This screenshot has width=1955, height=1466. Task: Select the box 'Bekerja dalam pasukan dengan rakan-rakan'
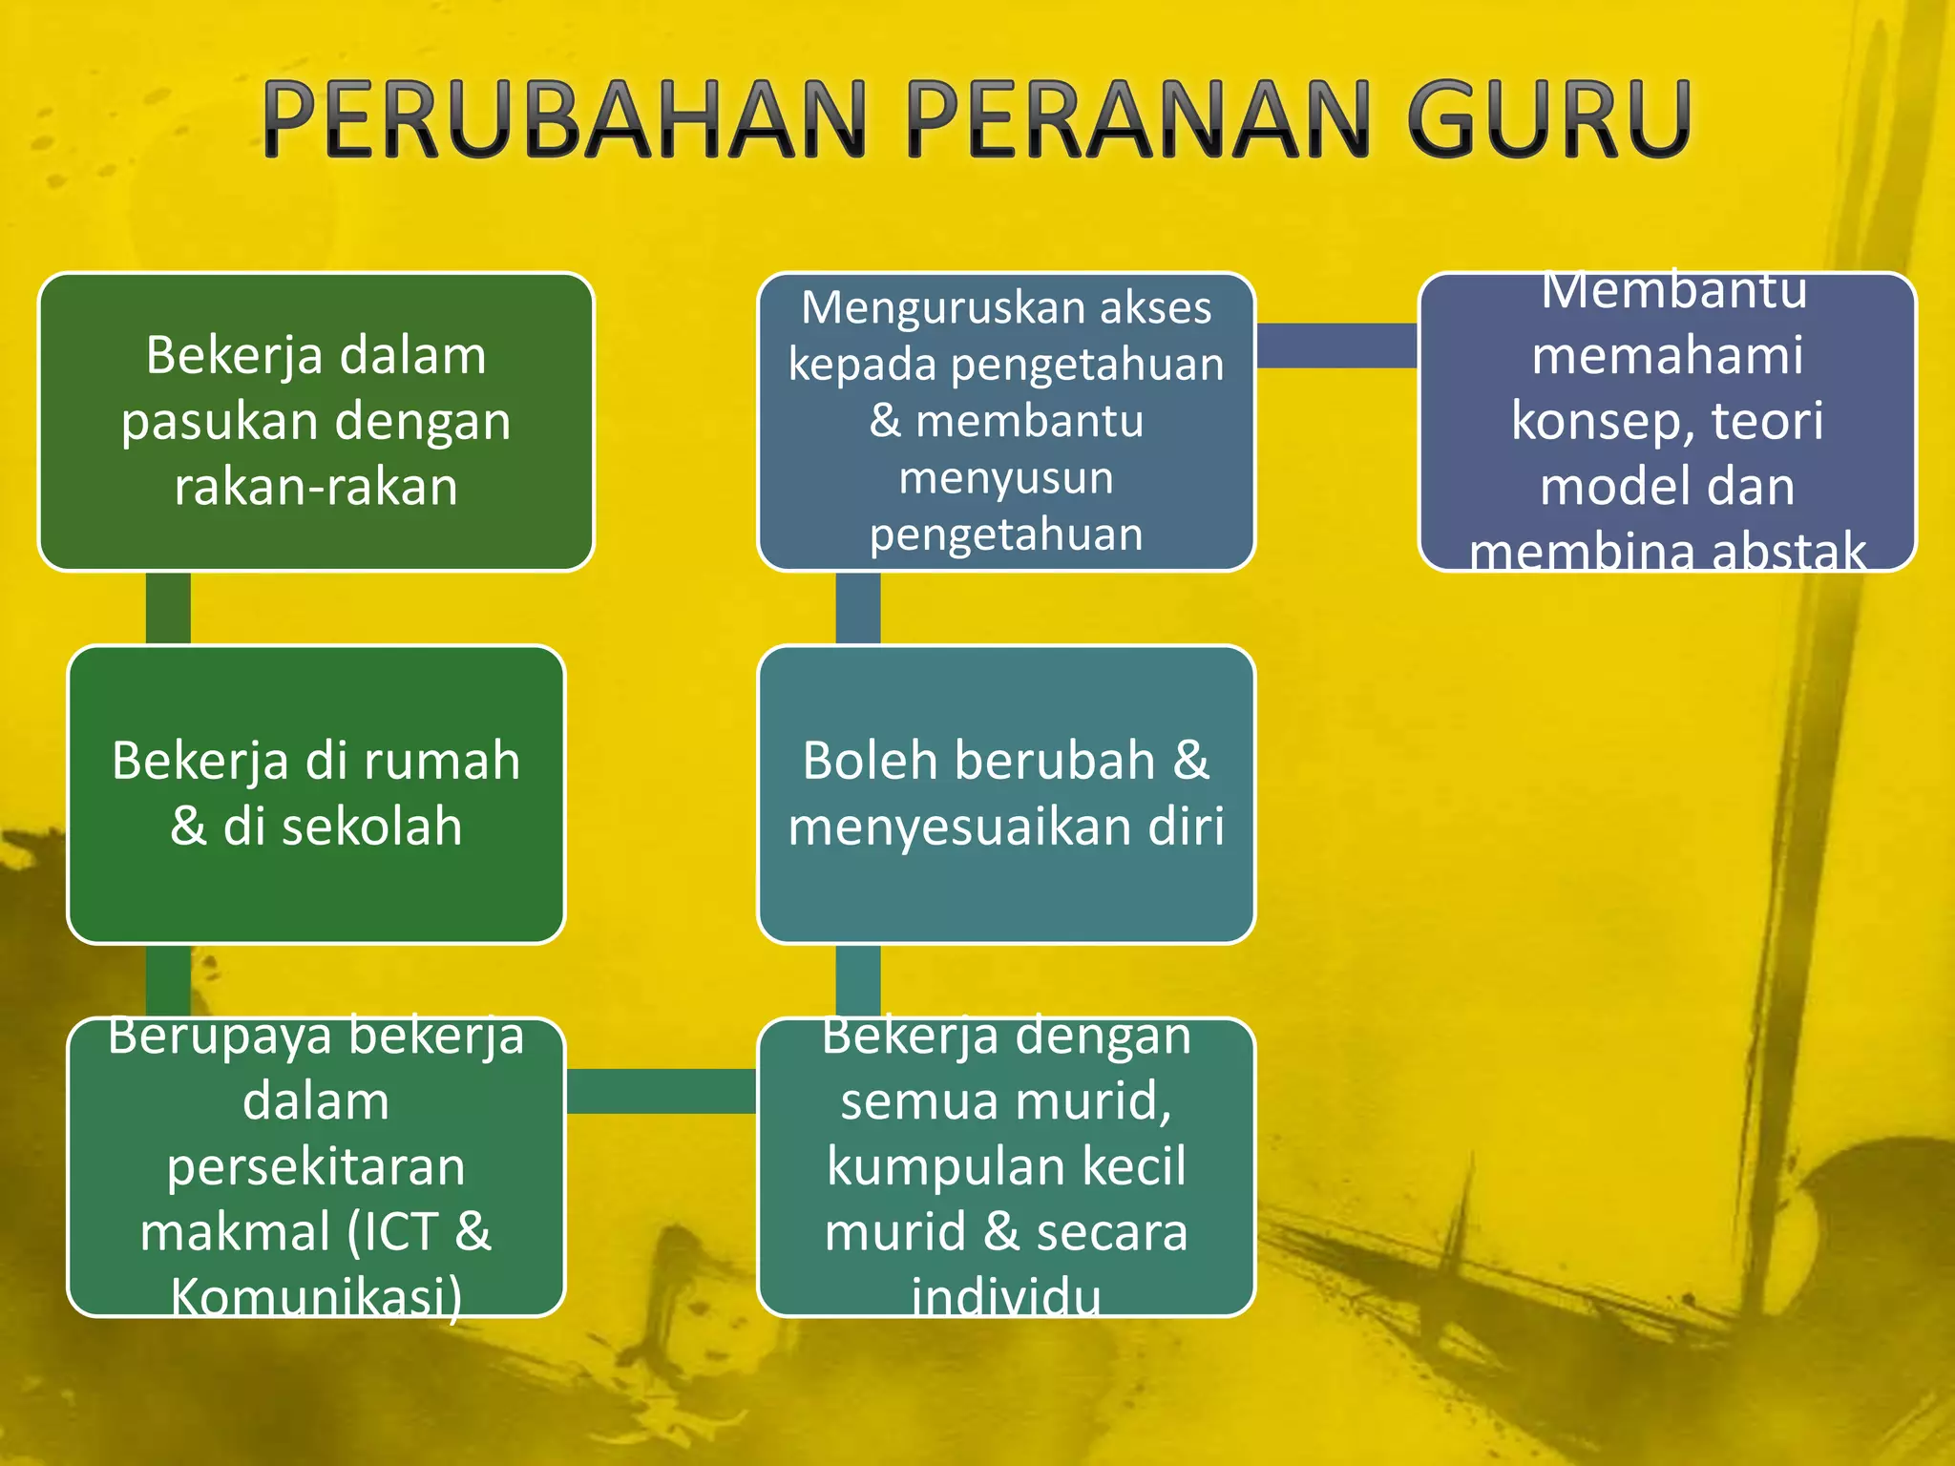tap(316, 422)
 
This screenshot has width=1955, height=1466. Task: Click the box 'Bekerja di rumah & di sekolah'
tap(316, 794)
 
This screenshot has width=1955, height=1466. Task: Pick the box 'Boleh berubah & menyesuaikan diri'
tap(1006, 794)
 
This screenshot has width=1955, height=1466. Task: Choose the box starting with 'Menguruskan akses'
tap(1006, 422)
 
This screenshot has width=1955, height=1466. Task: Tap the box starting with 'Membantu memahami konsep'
tap(1667, 422)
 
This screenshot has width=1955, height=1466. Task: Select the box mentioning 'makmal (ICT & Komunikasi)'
tap(316, 1166)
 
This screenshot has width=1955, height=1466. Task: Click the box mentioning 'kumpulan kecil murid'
tap(1006, 1166)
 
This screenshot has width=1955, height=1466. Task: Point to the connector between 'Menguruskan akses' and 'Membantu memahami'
tap(1336, 346)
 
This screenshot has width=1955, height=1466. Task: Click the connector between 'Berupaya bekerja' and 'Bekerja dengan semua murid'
tap(662, 1091)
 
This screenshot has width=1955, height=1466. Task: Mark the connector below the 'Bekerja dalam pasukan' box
tap(168, 608)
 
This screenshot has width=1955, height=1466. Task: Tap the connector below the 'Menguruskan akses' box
tap(858, 608)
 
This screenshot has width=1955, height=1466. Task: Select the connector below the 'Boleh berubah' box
tap(858, 980)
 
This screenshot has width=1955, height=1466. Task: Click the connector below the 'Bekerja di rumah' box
tap(168, 980)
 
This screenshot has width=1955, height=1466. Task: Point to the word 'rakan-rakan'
tap(316, 487)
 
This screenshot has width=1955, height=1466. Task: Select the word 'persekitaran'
tap(316, 1166)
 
